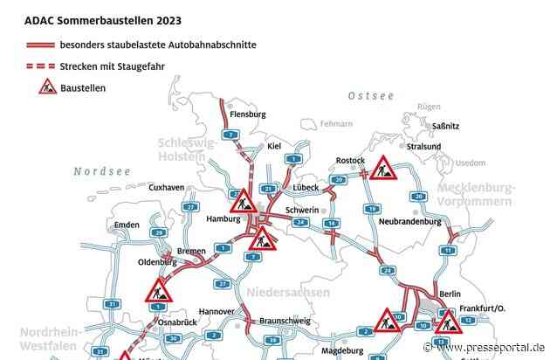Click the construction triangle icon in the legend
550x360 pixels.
[46, 86]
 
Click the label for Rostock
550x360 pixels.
[350, 161]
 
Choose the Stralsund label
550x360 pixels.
[449, 147]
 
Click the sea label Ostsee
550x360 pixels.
[371, 94]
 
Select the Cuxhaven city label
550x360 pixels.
[168, 187]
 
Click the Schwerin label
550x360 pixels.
[299, 211]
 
